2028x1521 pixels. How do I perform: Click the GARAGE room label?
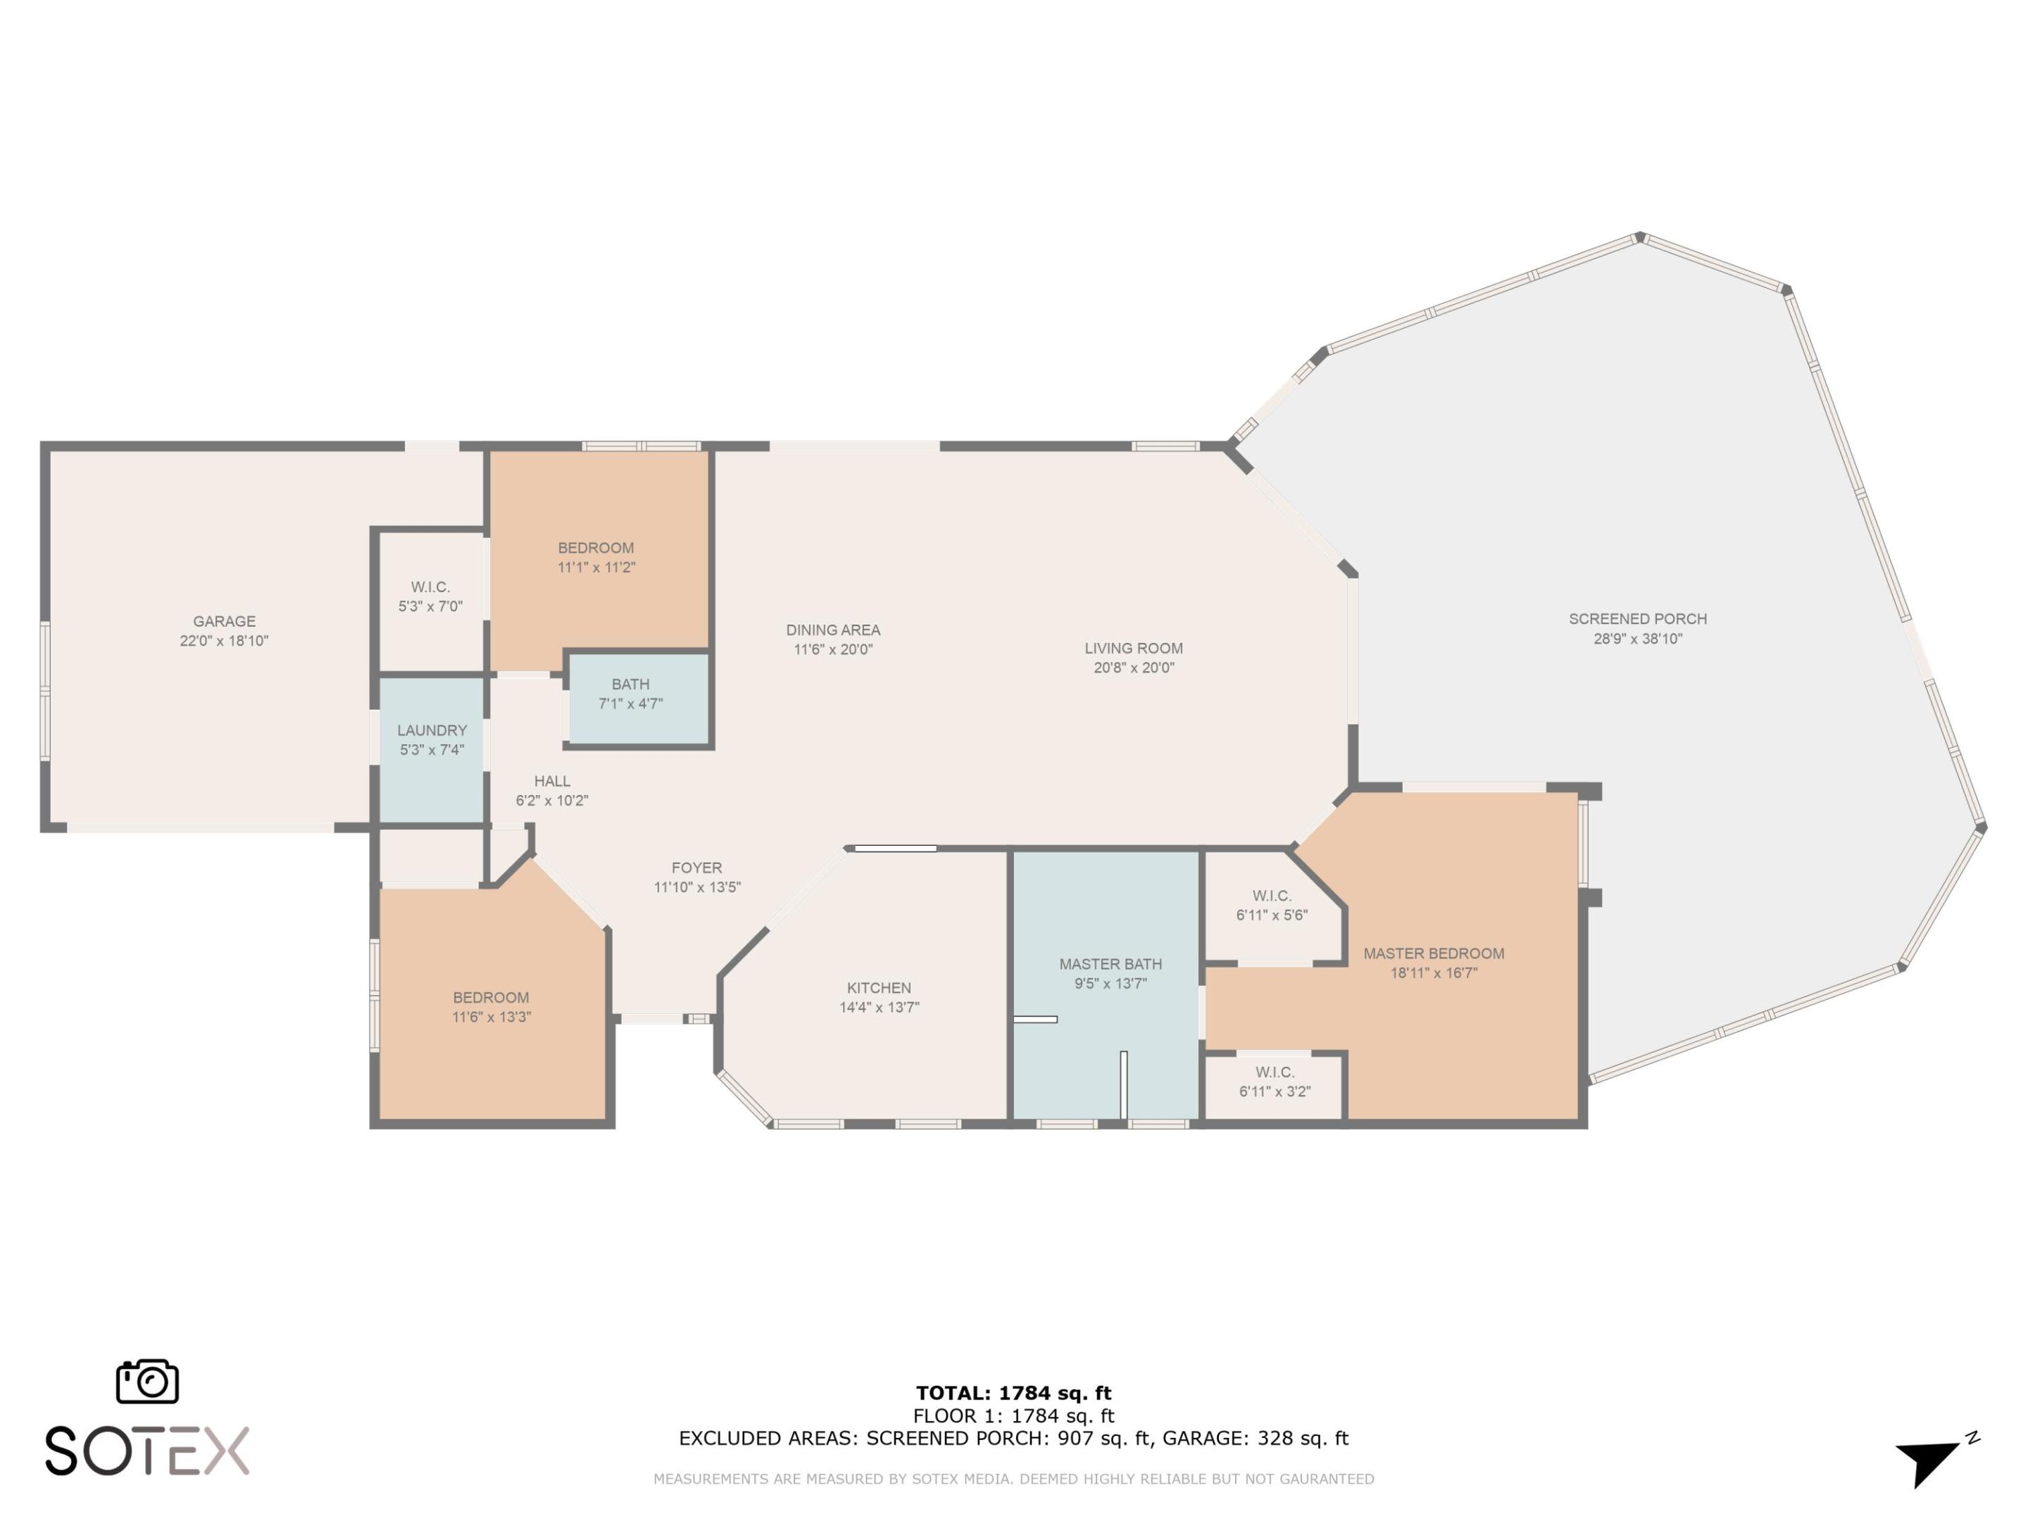coord(224,620)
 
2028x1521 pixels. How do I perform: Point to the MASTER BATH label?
coord(1110,963)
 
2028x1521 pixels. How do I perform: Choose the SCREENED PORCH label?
coord(1637,619)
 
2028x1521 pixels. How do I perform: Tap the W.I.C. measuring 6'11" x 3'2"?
coord(1275,1082)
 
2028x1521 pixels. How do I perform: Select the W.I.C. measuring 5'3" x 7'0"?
coord(430,596)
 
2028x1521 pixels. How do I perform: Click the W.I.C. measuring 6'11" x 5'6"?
coord(1272,905)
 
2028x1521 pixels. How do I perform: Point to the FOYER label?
coord(697,868)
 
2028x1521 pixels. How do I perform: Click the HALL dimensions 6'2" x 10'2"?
coord(552,801)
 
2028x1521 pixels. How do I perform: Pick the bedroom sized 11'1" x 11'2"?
coord(596,556)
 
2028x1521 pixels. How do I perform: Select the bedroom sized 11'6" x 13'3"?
coord(491,1007)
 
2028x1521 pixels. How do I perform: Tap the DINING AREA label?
coord(832,630)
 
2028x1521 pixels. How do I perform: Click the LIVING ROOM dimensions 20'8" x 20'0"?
coord(1133,668)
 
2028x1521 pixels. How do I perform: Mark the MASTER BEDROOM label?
coord(1433,953)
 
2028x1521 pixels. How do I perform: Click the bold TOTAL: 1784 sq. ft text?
coord(1013,1394)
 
